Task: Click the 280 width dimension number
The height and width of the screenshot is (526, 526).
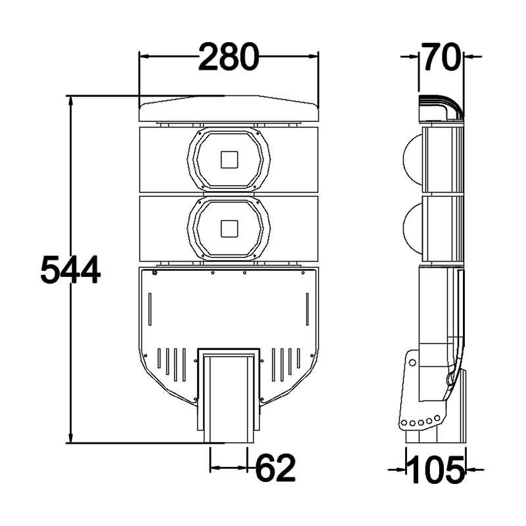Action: tap(229, 57)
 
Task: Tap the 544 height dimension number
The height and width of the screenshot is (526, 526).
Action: tap(70, 270)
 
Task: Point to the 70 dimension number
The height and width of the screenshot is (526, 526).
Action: tap(441, 57)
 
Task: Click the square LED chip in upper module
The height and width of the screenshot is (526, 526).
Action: tap(229, 160)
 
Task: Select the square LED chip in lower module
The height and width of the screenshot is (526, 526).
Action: tap(229, 228)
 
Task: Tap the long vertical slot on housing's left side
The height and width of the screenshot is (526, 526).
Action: tap(151, 310)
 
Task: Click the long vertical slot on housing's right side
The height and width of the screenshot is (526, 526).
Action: tap(306, 310)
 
